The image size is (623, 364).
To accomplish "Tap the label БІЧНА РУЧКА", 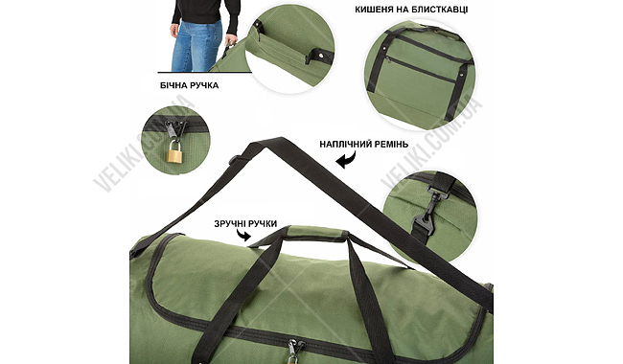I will pyautogui.click(x=189, y=85).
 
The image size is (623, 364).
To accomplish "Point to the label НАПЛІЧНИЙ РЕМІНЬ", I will pyautogui.click(x=364, y=144).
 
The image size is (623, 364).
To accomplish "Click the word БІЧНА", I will pyautogui.click(x=173, y=85).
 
